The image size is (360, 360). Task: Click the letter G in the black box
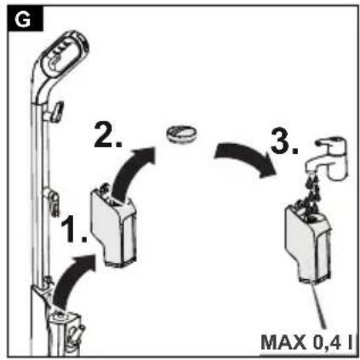[22, 20]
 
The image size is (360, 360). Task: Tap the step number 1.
[73, 229]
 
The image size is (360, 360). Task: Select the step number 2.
[107, 134]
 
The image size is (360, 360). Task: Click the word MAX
[283, 342]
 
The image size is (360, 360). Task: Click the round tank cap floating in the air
[181, 133]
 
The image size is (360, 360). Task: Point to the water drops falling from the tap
[312, 193]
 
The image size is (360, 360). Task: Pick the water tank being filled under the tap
[308, 244]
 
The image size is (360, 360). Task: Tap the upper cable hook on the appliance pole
[56, 111]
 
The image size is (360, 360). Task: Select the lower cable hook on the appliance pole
[53, 202]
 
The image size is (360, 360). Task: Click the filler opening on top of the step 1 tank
[115, 202]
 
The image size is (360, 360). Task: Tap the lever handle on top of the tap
[331, 141]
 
